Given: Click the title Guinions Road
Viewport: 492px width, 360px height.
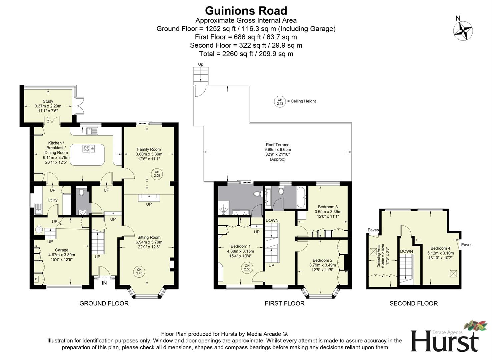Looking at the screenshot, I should coord(246,11).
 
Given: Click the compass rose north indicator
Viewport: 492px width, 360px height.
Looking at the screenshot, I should coord(463,31).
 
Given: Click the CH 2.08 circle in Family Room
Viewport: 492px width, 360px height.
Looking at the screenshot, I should coord(157,174).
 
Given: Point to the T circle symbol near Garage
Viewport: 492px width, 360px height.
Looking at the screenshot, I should coord(39,229).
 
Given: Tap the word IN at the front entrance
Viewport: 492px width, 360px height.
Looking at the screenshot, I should coord(104,283).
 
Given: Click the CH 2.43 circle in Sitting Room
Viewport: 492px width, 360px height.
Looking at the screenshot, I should coord(139,272).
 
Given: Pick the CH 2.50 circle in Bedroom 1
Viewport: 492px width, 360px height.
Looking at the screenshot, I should coord(247,267).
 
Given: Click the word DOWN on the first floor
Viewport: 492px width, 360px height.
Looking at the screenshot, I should coord(272,220).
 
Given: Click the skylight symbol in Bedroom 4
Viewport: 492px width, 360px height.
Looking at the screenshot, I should coord(453,274).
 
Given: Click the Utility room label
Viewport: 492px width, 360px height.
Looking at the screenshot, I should coord(52,200).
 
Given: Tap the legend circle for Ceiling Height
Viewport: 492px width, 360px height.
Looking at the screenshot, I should coord(280,101).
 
